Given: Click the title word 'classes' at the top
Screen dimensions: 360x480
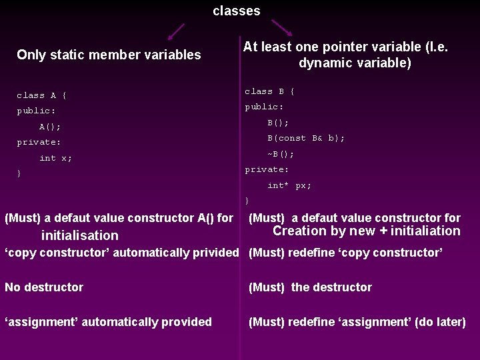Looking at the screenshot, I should pyautogui.click(x=237, y=11).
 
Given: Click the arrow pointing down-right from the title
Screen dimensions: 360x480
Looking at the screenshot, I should pyautogui.click(x=282, y=27).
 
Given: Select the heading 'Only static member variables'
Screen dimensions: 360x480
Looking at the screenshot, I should pyautogui.click(x=109, y=55).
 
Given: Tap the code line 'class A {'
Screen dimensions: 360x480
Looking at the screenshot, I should pyautogui.click(x=41, y=95).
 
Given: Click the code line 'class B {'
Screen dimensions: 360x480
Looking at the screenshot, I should pyautogui.click(x=269, y=91).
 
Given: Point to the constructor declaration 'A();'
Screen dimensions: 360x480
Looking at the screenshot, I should pyautogui.click(x=50, y=127).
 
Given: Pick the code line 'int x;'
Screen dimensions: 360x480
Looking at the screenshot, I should pyautogui.click(x=55, y=158).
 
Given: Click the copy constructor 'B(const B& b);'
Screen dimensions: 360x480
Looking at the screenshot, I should pyautogui.click(x=306, y=138).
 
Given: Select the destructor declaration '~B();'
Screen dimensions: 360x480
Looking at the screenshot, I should pyautogui.click(x=281, y=154).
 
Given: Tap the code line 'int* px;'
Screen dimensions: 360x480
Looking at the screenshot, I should pyautogui.click(x=289, y=185).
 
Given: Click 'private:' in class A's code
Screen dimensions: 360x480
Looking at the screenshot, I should pyautogui.click(x=39, y=142).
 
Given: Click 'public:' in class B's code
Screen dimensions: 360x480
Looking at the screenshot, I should pyautogui.click(x=264, y=107).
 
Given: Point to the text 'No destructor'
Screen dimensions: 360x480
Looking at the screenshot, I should pyautogui.click(x=44, y=287).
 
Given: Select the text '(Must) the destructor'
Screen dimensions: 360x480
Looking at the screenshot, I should pyautogui.click(x=310, y=287).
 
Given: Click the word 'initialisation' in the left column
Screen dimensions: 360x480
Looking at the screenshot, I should pyautogui.click(x=79, y=235).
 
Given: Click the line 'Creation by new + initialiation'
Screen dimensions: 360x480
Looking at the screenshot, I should pyautogui.click(x=366, y=231).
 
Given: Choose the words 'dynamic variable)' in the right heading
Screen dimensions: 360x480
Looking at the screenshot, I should pyautogui.click(x=355, y=63).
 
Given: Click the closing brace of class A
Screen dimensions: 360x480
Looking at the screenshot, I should pyautogui.click(x=19, y=174).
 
